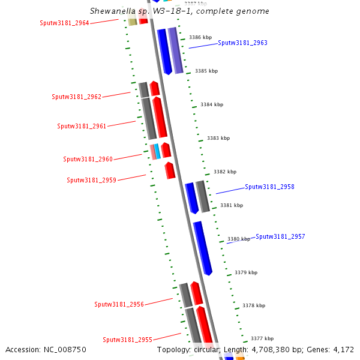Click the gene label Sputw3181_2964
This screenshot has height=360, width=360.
pyautogui.click(x=64, y=23)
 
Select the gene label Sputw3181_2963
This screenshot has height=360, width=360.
pyautogui.click(x=242, y=43)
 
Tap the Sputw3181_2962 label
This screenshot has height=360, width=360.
pyautogui.click(x=76, y=97)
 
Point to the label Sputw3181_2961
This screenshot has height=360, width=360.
pyautogui.click(x=82, y=126)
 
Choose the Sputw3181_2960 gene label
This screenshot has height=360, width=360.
pyautogui.click(x=88, y=159)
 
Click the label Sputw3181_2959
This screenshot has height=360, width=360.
pyautogui.click(x=91, y=180)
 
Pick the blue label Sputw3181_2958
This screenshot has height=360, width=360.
pyautogui.click(x=269, y=187)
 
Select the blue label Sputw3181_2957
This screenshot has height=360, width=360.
pyautogui.click(x=280, y=236)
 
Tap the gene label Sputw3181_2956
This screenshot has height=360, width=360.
pyautogui.click(x=119, y=304)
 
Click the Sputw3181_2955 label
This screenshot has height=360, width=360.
pyautogui.click(x=127, y=340)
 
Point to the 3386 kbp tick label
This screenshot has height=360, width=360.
pyautogui.click(x=200, y=37)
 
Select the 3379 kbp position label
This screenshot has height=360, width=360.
pyautogui.click(x=246, y=272)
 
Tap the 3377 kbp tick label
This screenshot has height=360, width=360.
pyautogui.click(x=262, y=338)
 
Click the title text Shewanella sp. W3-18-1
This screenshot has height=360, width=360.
pyautogui.click(x=179, y=11)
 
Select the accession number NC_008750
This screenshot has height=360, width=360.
pyautogui.click(x=46, y=349)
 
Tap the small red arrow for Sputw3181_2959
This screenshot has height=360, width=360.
pyautogui.click(x=170, y=170)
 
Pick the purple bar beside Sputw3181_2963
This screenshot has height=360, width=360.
pyautogui.click(x=175, y=49)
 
